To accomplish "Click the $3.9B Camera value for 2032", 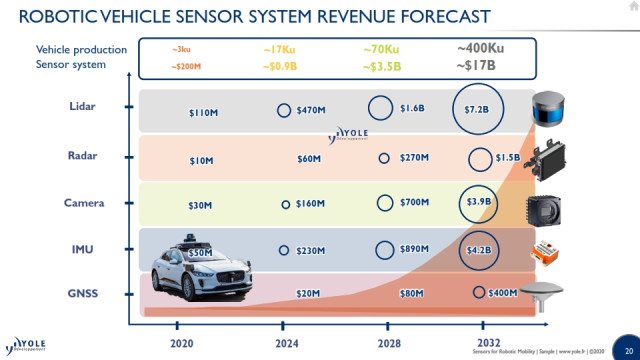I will click(x=477, y=202).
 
